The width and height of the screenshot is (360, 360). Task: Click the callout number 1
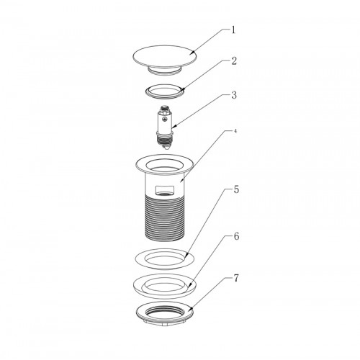[233, 30]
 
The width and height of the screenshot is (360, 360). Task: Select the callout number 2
[234, 61]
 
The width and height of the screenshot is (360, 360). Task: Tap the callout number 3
[234, 95]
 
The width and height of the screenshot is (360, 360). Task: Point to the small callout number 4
[235, 131]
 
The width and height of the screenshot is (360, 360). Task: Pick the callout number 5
[236, 190]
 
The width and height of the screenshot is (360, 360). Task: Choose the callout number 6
[236, 236]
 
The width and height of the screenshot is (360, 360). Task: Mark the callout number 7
[236, 279]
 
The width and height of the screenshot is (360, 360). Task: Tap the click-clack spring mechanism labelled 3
[165, 127]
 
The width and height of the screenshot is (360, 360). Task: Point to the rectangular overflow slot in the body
[164, 190]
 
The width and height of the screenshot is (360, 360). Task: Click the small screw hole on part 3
[164, 118]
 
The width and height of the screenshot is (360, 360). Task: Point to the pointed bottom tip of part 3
[165, 148]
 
